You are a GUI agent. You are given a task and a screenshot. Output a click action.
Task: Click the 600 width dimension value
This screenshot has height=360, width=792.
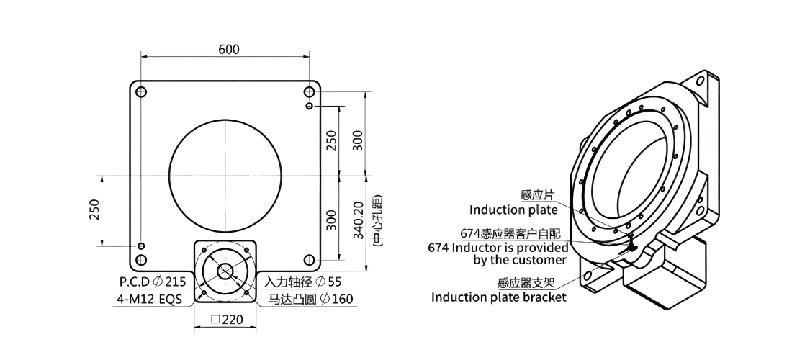(x=229, y=49)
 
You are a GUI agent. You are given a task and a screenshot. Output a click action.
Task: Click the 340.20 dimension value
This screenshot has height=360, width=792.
(x=358, y=220)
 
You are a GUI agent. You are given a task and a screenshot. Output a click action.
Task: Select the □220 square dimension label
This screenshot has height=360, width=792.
(x=227, y=319)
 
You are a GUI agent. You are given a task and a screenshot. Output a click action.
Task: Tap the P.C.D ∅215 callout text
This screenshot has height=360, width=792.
(x=153, y=282)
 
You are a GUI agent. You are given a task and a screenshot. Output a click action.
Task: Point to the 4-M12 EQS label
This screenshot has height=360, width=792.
(x=149, y=299)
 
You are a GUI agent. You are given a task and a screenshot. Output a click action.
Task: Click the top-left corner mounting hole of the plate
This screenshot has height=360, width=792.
(x=141, y=92)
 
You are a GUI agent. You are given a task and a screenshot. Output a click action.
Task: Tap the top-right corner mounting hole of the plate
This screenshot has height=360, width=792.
(x=309, y=92)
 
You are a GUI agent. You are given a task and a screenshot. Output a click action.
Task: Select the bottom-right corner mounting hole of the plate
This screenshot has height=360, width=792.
(x=309, y=260)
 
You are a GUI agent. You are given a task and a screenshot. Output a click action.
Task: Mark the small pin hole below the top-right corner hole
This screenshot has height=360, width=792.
(x=309, y=106)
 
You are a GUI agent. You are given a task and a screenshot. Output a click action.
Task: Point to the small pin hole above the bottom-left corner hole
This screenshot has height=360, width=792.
(x=141, y=246)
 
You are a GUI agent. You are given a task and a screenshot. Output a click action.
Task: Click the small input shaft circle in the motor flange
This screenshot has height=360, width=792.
(x=225, y=271)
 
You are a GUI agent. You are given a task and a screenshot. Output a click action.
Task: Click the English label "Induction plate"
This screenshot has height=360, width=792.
(x=513, y=210)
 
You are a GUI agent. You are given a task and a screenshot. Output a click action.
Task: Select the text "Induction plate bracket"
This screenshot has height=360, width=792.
(x=498, y=297)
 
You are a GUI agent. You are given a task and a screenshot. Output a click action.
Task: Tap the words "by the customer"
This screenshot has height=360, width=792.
(x=520, y=260)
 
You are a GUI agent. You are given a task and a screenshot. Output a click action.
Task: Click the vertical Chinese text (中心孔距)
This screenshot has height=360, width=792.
(x=377, y=220)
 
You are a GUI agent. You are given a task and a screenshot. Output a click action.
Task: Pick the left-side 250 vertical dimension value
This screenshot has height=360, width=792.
(x=94, y=210)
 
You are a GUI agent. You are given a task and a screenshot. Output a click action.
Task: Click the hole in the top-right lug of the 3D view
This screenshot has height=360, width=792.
(x=700, y=81)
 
